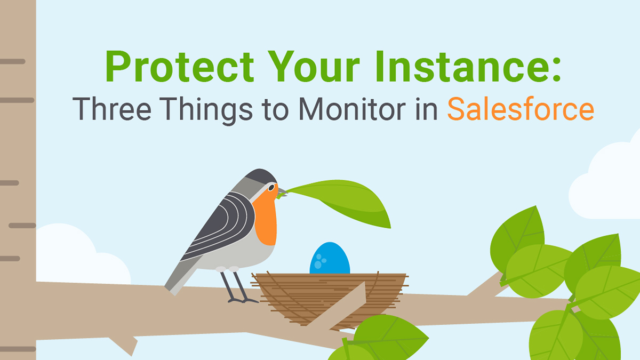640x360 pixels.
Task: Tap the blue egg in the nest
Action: pyautogui.click(x=330, y=259)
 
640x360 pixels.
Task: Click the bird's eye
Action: pyautogui.click(x=271, y=188)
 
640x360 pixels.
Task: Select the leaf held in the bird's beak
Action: pyautogui.click(x=341, y=200)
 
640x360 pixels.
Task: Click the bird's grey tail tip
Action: pyautogui.click(x=173, y=283)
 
